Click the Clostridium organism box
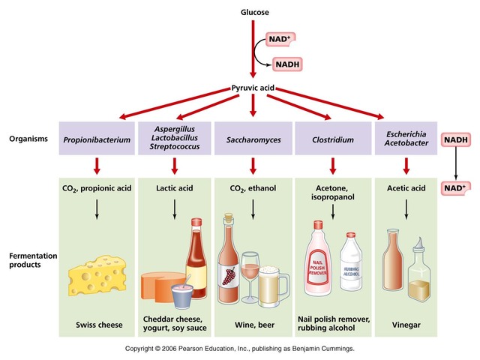[x=332, y=139]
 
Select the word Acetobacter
[x=404, y=145]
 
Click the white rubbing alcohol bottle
[x=352, y=267]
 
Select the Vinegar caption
[x=405, y=325]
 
